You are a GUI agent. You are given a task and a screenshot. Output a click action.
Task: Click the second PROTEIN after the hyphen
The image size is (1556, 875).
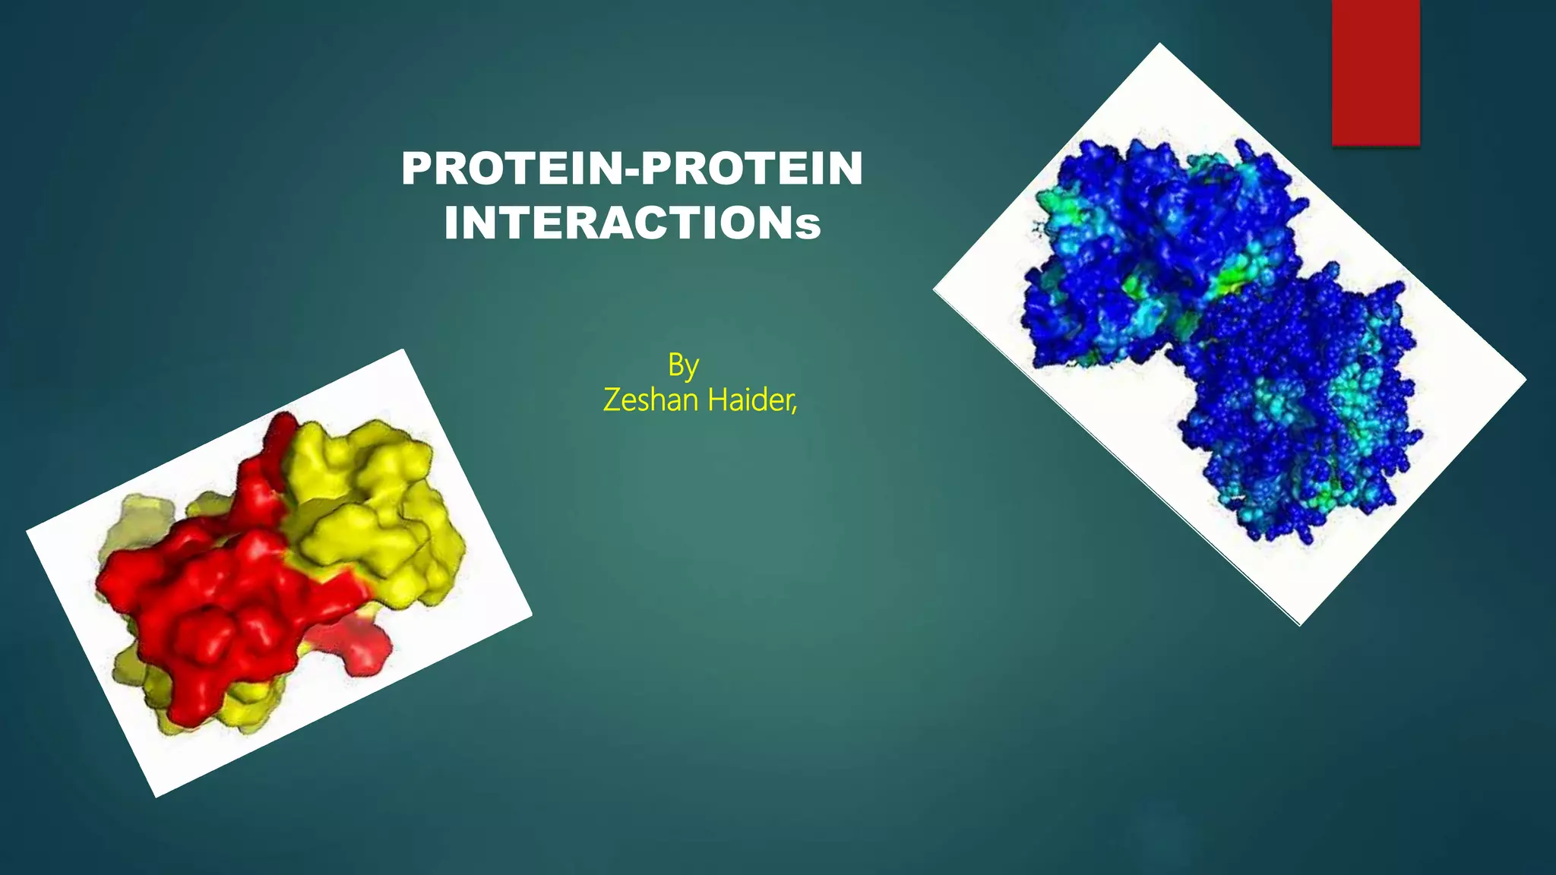pos(752,169)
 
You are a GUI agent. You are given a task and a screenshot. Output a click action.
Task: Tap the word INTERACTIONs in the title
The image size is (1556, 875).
pos(632,224)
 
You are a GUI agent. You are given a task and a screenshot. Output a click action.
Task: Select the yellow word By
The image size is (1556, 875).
pos(683,366)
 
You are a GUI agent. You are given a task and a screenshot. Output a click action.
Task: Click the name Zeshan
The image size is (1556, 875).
pos(651,400)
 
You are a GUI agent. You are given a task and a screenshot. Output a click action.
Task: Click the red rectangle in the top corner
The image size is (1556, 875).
pos(1375,72)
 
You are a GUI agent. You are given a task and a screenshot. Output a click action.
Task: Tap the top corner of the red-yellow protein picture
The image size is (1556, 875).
pos(403,351)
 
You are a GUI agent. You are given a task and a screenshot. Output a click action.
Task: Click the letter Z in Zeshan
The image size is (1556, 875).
pos(612,400)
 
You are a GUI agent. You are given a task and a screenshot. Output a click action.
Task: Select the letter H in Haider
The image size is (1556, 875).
pos(716,400)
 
